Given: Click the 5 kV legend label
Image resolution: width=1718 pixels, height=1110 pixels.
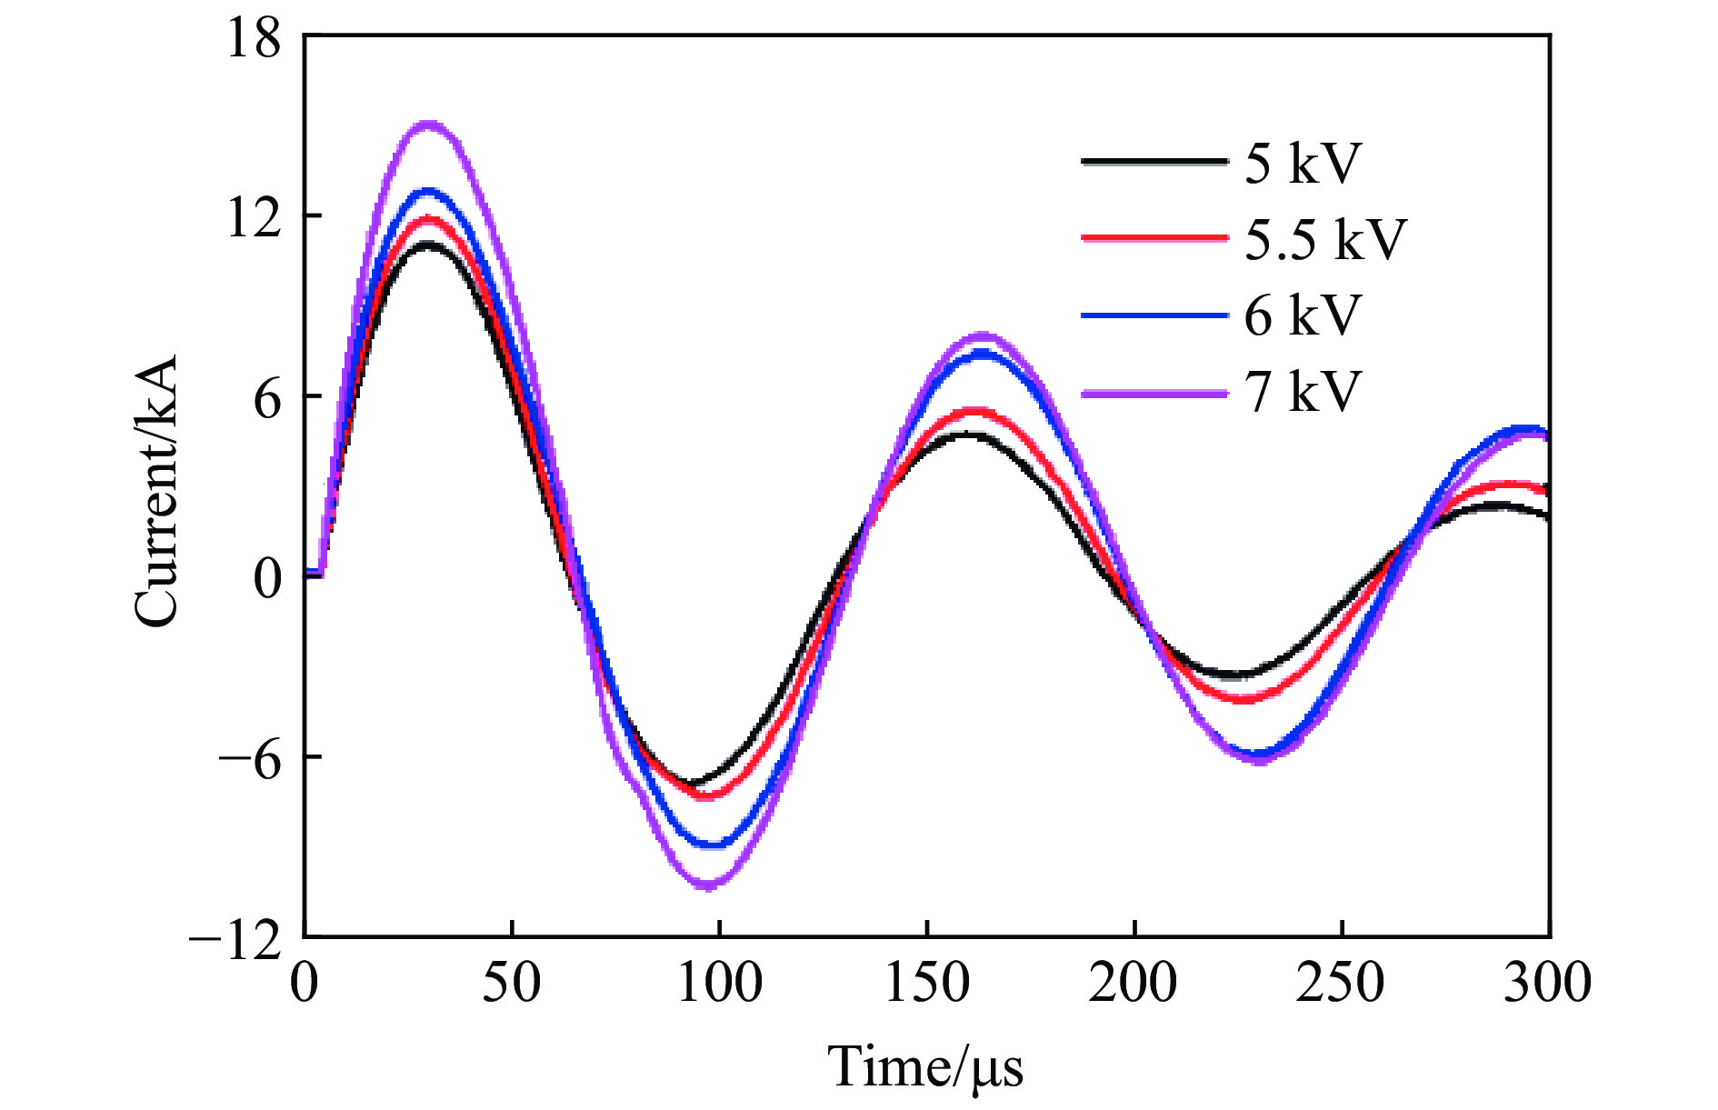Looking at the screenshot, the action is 1303,164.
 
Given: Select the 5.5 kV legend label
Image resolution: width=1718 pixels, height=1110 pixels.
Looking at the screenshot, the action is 1325,240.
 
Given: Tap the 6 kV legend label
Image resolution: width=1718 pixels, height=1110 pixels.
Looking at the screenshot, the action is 1303,315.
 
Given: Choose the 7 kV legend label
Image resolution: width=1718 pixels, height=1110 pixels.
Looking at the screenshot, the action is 1303,392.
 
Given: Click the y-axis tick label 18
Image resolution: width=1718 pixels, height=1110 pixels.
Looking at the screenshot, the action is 254,39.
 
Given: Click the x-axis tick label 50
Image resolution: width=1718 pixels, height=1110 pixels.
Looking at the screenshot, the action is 512,983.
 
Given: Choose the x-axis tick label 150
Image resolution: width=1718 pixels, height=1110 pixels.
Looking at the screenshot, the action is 927,983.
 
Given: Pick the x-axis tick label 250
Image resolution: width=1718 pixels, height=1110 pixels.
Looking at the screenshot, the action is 1342,983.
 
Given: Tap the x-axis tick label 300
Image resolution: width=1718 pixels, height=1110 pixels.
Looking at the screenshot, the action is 1547,983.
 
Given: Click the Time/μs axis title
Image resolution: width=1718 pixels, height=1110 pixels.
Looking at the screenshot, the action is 925,1066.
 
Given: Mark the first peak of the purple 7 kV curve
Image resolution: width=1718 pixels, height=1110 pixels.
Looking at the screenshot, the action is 428,125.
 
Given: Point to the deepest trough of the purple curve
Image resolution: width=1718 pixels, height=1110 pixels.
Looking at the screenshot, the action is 707,885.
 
